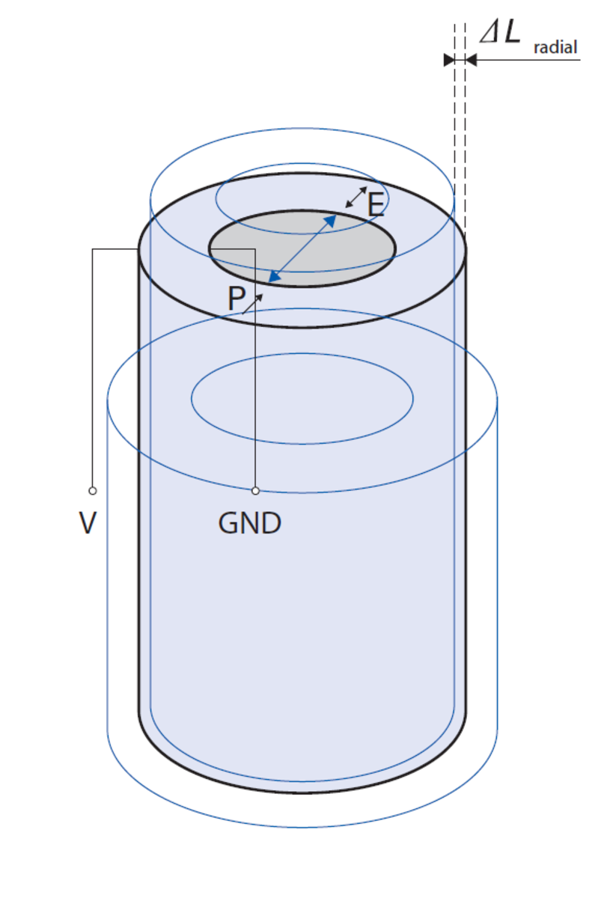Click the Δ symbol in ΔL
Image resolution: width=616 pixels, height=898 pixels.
click(x=490, y=34)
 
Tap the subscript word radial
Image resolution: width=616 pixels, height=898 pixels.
click(x=555, y=48)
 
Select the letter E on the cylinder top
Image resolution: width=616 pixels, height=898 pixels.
click(x=376, y=204)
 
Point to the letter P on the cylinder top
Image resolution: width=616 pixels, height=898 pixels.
click(x=236, y=299)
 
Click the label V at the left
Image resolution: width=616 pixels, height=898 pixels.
click(x=88, y=523)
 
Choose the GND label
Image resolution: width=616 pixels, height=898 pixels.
click(x=250, y=523)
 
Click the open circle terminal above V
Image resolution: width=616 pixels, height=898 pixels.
click(x=92, y=491)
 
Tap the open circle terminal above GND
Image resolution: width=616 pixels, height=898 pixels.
click(x=255, y=491)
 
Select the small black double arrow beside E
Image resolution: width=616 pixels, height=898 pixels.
click(x=356, y=198)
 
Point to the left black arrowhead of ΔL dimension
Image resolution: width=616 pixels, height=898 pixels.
click(x=449, y=60)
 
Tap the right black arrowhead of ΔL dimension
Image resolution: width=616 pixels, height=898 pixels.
click(x=471, y=60)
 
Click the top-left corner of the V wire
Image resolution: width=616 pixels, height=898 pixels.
click(x=92, y=249)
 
